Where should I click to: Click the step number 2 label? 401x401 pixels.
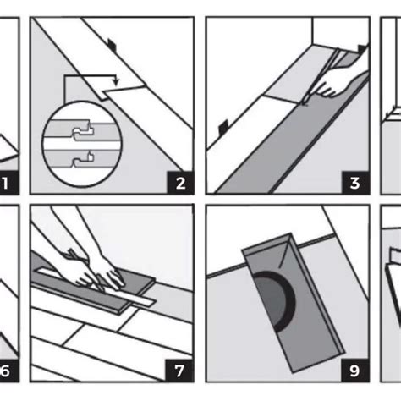coord(180,184)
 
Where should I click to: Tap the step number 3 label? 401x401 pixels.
coord(355,183)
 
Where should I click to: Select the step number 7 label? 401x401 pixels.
coord(179,371)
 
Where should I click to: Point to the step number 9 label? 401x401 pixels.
coord(354,371)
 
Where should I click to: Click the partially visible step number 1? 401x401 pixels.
coord(6,184)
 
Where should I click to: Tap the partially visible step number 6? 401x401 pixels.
coord(6,371)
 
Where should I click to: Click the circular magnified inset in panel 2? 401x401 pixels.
coord(82,144)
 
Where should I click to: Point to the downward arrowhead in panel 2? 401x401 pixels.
coord(116,82)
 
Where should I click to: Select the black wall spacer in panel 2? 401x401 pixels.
coord(112,45)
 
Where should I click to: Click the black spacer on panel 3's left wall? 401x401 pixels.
coord(223,126)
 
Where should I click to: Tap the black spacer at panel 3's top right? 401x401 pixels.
coord(363,49)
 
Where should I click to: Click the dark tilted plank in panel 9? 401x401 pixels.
coord(294,303)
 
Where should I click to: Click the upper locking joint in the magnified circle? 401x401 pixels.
coord(82,131)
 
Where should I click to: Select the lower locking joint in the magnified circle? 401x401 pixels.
coord(82,160)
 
